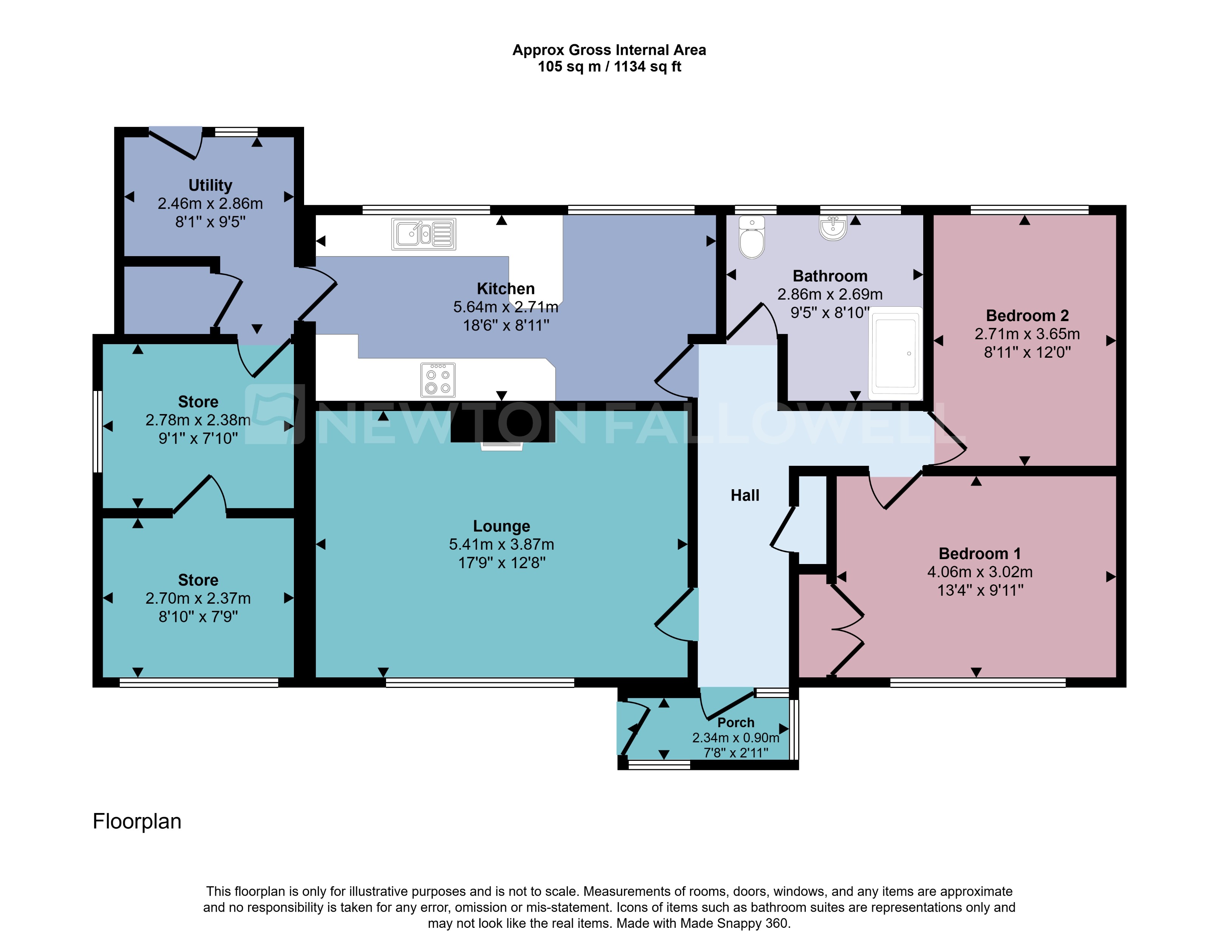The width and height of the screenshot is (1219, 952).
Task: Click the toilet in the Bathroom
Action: (x=751, y=240)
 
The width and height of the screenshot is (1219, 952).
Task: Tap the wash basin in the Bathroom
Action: (x=833, y=228)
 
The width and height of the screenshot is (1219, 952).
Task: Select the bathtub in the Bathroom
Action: (x=895, y=353)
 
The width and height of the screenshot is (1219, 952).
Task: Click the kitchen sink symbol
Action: (x=423, y=234)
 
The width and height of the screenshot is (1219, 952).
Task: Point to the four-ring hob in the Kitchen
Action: (x=437, y=380)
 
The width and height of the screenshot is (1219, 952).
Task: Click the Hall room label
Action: (x=745, y=496)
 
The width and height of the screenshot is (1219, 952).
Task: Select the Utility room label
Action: (x=210, y=185)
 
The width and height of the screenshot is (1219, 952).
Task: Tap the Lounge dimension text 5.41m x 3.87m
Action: (x=501, y=545)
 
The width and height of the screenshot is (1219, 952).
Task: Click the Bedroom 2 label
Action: (x=1027, y=316)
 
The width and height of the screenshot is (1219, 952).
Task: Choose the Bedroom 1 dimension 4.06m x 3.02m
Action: (x=980, y=572)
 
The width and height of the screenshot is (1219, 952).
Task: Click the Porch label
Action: (x=735, y=723)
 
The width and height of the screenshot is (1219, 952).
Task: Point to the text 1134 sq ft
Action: (x=647, y=67)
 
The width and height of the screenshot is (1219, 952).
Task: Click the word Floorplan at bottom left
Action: (x=137, y=821)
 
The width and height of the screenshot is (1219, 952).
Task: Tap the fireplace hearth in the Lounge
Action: (x=502, y=445)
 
